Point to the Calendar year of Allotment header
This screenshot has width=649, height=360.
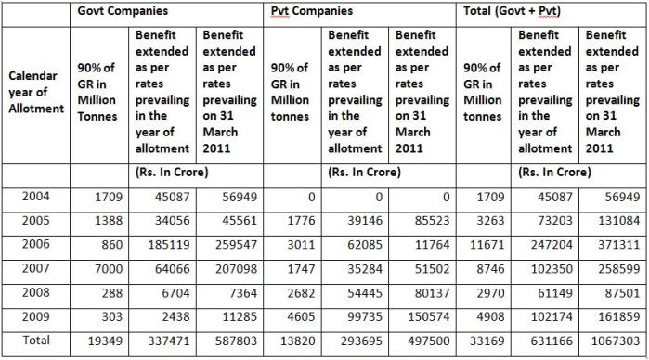point(36,91)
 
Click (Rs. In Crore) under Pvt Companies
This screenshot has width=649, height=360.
point(366,171)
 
